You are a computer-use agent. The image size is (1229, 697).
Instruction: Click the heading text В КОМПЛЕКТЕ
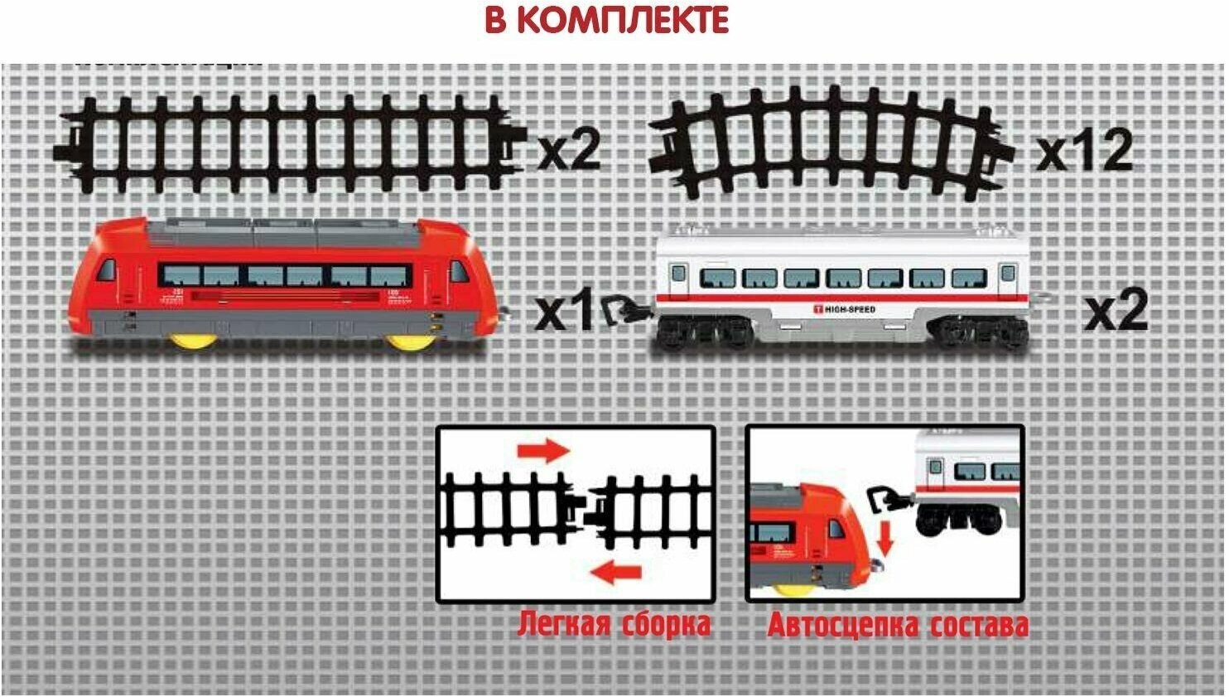click(x=606, y=20)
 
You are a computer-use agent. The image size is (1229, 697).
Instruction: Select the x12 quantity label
click(x=1085, y=152)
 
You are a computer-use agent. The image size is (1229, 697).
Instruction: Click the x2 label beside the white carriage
click(x=1116, y=311)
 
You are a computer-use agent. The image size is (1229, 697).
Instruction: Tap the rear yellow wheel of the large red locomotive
click(x=194, y=341)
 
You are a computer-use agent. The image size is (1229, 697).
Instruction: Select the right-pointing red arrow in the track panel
click(x=543, y=451)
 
